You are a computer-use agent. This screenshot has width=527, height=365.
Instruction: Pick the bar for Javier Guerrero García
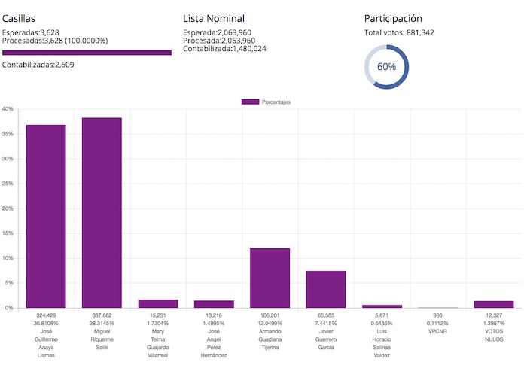coord(325,289)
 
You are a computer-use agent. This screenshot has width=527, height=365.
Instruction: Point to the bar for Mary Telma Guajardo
coord(158,303)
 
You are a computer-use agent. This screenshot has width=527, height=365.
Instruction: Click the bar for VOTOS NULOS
coord(493,304)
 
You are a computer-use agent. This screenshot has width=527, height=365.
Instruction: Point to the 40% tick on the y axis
coord(8,109)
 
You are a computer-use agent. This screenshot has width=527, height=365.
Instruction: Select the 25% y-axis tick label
coord(8,184)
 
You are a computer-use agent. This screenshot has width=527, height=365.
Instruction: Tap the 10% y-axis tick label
coord(8,258)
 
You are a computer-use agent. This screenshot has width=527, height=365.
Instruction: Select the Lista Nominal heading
coord(214,18)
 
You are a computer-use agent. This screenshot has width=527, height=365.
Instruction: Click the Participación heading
coord(393,18)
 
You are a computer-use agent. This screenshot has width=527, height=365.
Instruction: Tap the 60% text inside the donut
coord(386,66)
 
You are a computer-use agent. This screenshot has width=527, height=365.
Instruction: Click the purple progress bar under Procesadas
coord(87,53)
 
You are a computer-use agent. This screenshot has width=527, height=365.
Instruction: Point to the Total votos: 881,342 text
coord(399,32)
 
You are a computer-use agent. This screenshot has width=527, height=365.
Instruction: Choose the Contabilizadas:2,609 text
coord(38,65)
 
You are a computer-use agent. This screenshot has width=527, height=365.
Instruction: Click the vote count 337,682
coord(102,315)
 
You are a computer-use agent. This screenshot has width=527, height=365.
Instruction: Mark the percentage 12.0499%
coord(270,323)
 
